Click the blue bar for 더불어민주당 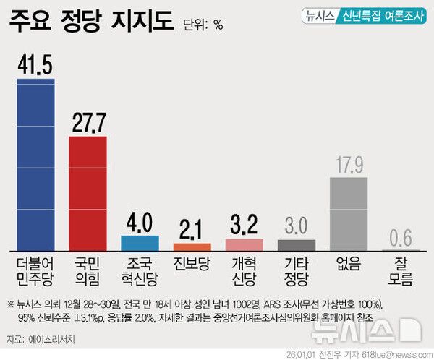coord(35,165)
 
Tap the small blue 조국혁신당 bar coord(140,244)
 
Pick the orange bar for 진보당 coord(192,247)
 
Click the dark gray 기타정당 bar coord(296,245)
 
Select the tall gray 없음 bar coord(349,214)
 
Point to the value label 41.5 coord(35,66)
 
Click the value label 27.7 coord(88,124)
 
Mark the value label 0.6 coord(400,236)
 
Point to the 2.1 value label coord(192,230)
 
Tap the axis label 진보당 coord(192,264)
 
